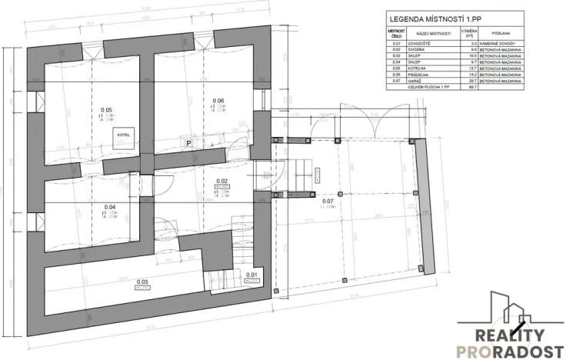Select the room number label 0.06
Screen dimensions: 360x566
pyautogui.click(x=218, y=101)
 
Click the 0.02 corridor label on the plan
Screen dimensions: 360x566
pyautogui.click(x=221, y=182)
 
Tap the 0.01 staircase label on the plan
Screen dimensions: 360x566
pyautogui.click(x=251, y=274)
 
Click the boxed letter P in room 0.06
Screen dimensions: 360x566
pyautogui.click(x=188, y=142)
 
